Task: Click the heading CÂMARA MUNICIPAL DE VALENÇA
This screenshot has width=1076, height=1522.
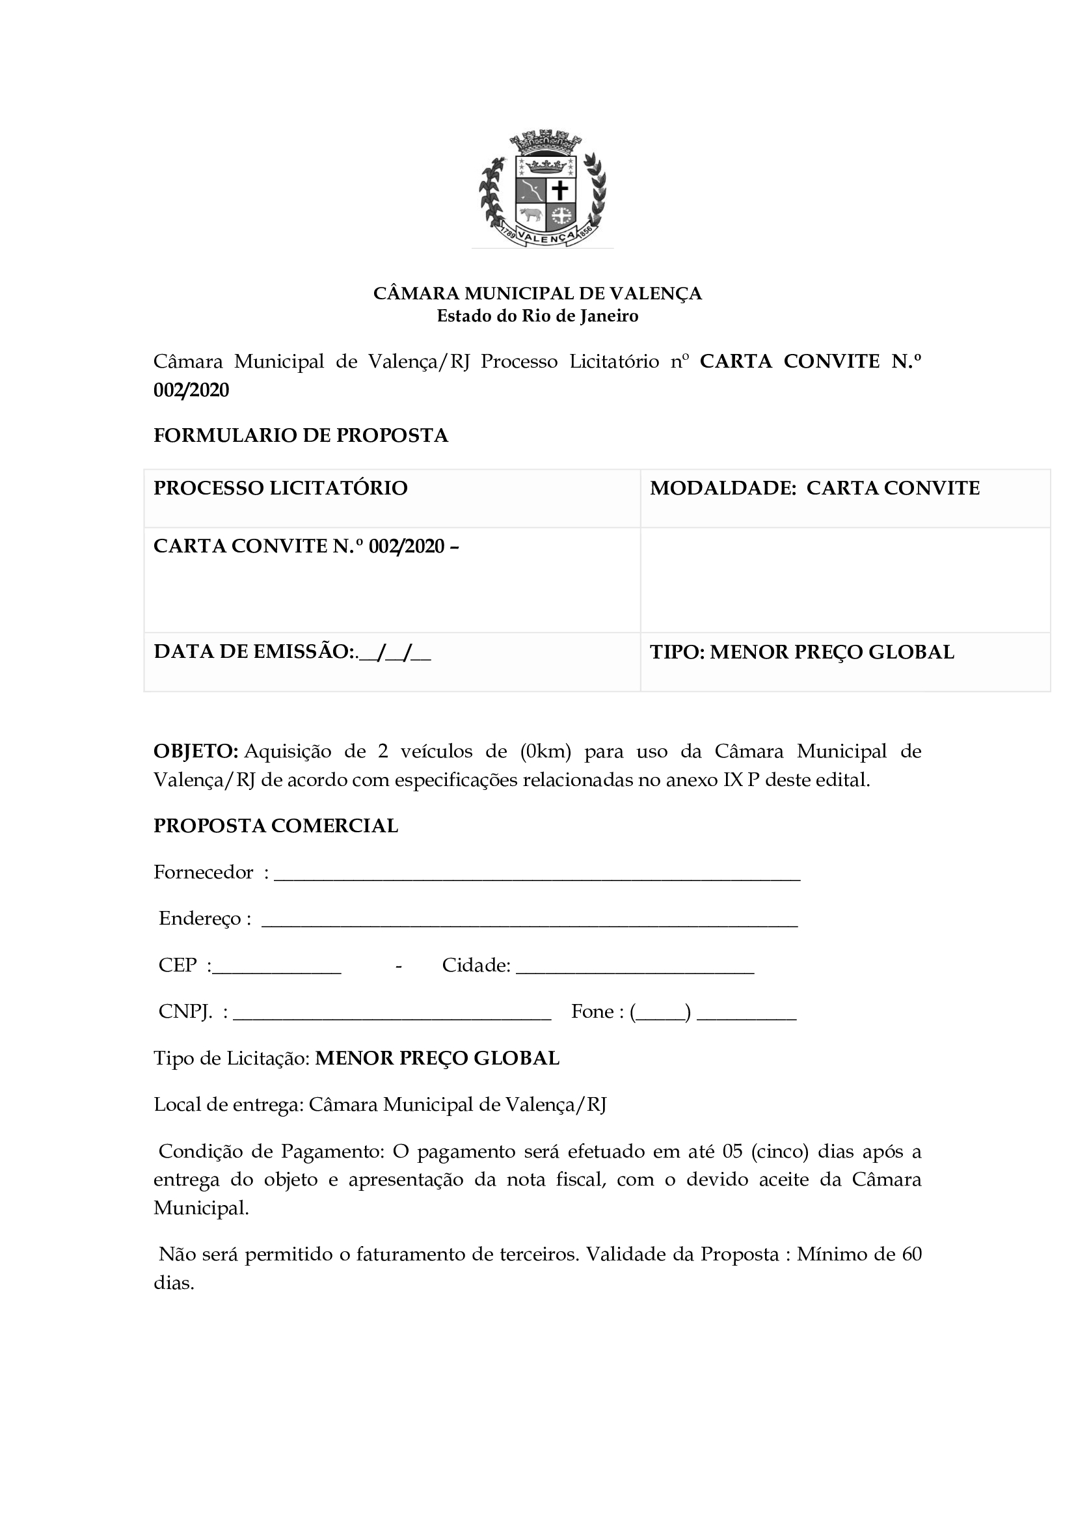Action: click(537, 293)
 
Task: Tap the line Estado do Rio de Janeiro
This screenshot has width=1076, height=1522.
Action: click(537, 316)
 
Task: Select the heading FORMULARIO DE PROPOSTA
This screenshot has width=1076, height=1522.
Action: click(301, 435)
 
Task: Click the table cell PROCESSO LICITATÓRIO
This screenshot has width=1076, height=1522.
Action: click(280, 488)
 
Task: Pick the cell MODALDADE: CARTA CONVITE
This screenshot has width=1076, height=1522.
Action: click(814, 488)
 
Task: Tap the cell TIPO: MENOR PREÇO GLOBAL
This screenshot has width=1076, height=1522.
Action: click(801, 652)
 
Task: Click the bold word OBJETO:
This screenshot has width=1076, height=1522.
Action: click(195, 751)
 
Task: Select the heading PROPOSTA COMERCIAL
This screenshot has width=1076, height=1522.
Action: click(276, 826)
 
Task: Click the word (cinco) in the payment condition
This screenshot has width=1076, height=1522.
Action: click(780, 1151)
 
